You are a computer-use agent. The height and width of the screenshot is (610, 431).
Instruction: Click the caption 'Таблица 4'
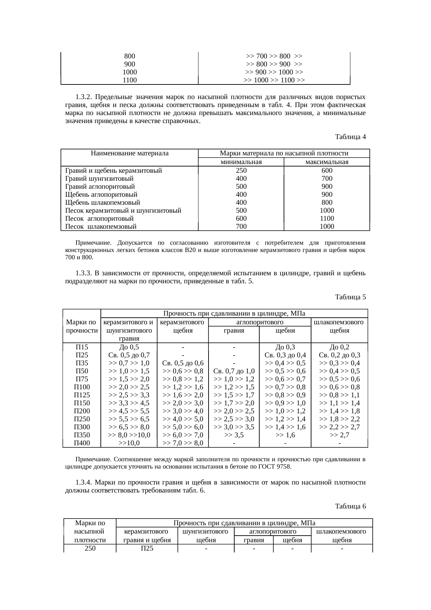(x=350, y=137)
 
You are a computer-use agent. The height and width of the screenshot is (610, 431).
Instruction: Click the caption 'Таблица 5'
(x=350, y=297)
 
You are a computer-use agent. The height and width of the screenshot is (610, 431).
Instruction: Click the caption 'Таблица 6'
(x=350, y=506)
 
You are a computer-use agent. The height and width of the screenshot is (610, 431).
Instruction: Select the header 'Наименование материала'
(x=129, y=153)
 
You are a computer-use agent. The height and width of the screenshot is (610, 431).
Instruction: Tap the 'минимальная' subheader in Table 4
(x=241, y=162)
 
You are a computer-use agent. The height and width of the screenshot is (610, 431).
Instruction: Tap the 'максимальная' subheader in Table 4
(x=327, y=162)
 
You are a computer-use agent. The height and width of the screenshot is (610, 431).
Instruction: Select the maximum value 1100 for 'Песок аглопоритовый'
(x=327, y=219)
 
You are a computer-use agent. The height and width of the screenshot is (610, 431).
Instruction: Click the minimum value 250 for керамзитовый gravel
(x=241, y=171)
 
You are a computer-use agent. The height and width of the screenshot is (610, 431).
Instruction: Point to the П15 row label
(x=82, y=347)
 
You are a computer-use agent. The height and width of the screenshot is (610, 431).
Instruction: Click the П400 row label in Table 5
(x=82, y=443)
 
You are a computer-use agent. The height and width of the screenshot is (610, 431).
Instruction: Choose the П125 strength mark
(x=82, y=395)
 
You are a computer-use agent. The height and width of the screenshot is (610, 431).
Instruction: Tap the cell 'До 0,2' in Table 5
(x=339, y=347)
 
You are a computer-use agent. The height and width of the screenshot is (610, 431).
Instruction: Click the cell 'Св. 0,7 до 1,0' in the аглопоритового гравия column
(x=234, y=371)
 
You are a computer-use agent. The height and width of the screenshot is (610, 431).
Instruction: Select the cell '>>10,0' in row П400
(x=129, y=443)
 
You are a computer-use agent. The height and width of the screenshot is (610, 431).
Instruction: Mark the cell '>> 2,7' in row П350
(x=339, y=435)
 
